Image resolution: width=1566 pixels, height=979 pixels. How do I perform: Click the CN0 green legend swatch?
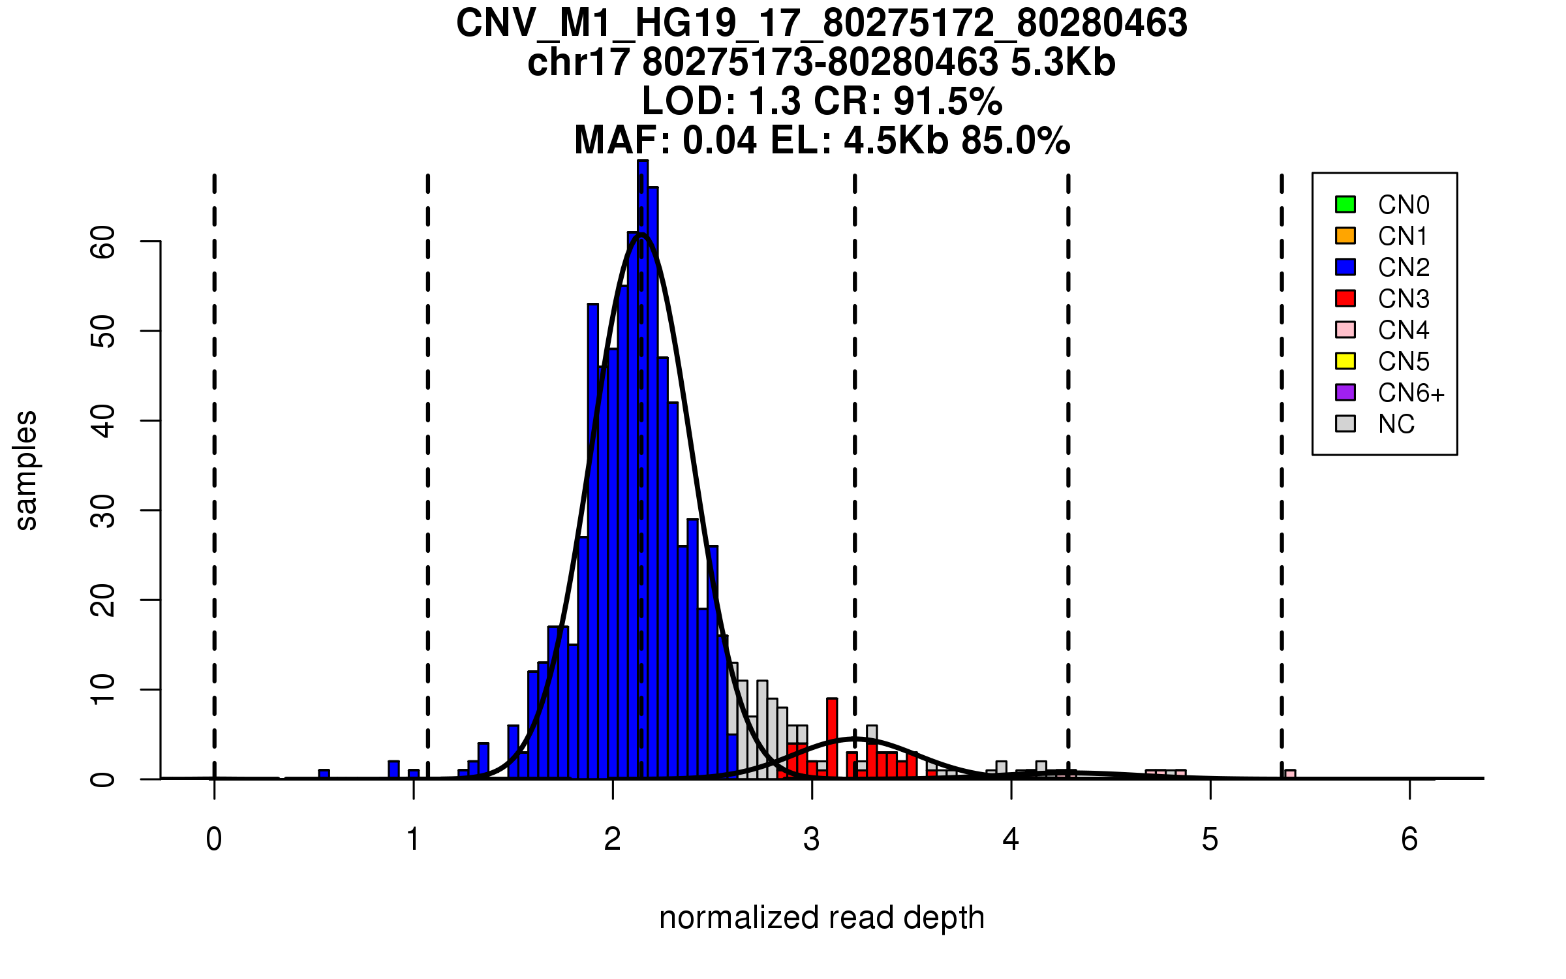click(1345, 204)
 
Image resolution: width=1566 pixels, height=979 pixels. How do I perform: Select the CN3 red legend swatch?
click(1345, 298)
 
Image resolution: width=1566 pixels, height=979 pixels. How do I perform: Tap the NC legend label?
click(1396, 424)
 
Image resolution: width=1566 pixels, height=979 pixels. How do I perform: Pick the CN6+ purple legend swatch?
click(1345, 392)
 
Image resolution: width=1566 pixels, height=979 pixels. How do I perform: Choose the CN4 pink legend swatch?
click(1345, 330)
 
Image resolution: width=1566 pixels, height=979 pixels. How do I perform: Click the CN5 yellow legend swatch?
click(1345, 361)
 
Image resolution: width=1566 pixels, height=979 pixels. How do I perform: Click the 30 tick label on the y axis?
click(103, 510)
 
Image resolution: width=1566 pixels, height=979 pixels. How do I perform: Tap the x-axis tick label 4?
click(1011, 839)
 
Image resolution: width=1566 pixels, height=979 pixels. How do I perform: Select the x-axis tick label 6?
click(1409, 839)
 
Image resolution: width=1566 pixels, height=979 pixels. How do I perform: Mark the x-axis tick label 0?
click(214, 839)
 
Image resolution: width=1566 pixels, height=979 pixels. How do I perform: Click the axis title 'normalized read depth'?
click(821, 918)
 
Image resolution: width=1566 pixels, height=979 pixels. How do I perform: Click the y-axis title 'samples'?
click(26, 470)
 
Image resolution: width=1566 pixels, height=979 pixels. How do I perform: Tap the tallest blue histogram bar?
click(643, 470)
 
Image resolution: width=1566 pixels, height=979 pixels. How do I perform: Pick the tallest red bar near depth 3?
click(832, 738)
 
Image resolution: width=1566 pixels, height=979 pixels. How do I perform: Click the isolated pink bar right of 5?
click(1290, 774)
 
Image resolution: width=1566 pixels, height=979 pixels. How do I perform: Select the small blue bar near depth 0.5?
click(324, 774)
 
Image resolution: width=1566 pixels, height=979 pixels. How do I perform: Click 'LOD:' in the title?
click(688, 101)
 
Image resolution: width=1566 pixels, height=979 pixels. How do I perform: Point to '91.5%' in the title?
click(947, 101)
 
